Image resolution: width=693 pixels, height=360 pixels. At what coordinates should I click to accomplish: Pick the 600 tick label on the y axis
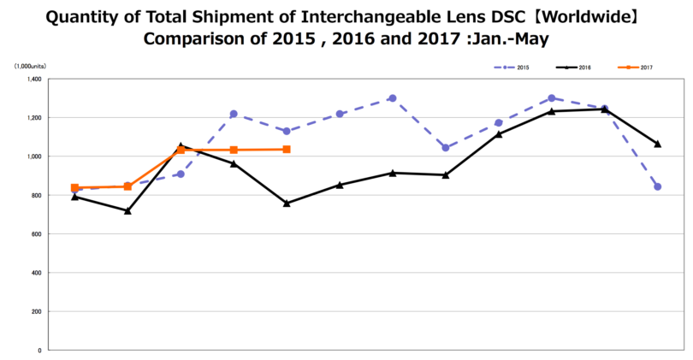(35, 234)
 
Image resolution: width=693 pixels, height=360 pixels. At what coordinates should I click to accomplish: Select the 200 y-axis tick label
(35, 311)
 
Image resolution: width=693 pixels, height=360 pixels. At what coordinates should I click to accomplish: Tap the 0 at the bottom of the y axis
(38, 351)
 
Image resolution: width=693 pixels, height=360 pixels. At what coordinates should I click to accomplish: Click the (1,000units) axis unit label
(30, 65)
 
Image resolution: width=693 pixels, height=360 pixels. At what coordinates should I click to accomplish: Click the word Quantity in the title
(81, 17)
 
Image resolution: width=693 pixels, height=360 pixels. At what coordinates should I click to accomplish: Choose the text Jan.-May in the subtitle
(512, 39)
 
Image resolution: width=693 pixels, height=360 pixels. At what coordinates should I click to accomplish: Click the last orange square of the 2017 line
(287, 150)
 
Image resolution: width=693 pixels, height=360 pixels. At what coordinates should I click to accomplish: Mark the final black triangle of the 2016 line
(657, 144)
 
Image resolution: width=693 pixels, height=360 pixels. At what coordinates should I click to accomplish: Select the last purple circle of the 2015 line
(657, 186)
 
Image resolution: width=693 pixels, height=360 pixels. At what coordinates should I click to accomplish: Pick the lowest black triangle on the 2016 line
(127, 210)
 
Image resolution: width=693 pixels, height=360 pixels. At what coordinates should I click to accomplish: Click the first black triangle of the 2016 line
(75, 197)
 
